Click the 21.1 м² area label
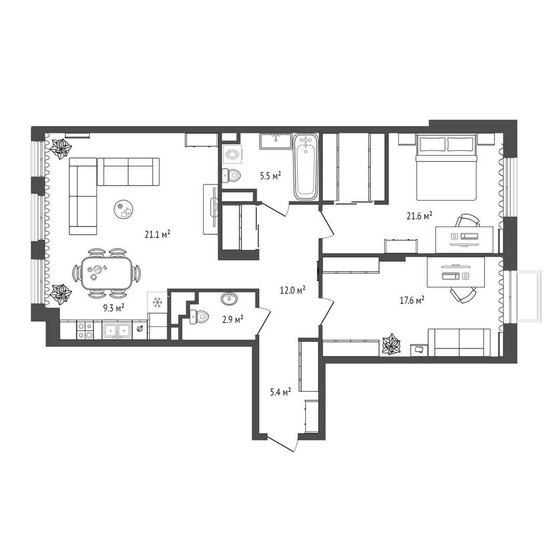[157, 234]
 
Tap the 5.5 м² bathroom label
[270, 175]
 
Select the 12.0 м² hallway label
[292, 290]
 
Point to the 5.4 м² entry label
[281, 393]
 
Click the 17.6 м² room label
[412, 300]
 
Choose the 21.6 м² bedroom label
[419, 216]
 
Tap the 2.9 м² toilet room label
[233, 319]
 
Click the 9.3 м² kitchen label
[114, 307]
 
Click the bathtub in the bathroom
[306, 166]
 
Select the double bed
[446, 167]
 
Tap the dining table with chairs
[107, 273]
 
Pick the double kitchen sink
[117, 330]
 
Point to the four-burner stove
[85, 330]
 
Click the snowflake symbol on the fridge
[157, 302]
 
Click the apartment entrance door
[282, 444]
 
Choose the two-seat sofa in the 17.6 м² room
[459, 343]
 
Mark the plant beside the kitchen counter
[60, 294]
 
